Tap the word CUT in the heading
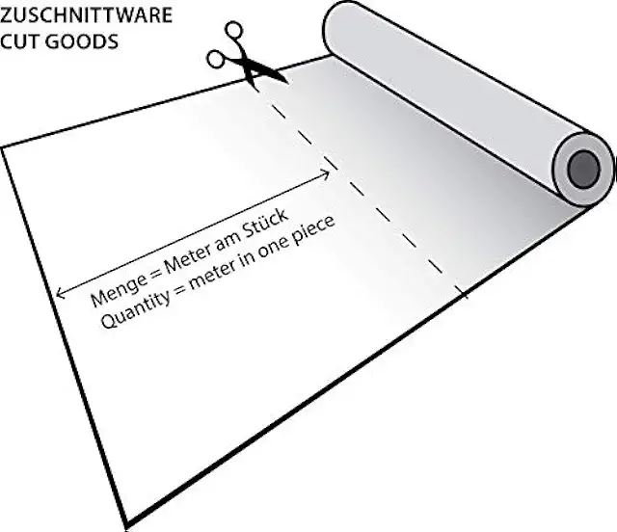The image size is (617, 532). click(x=19, y=43)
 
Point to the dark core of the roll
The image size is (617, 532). click(x=583, y=171)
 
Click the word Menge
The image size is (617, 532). click(x=114, y=292)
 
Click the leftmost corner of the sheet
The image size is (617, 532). click(x=3, y=147)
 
